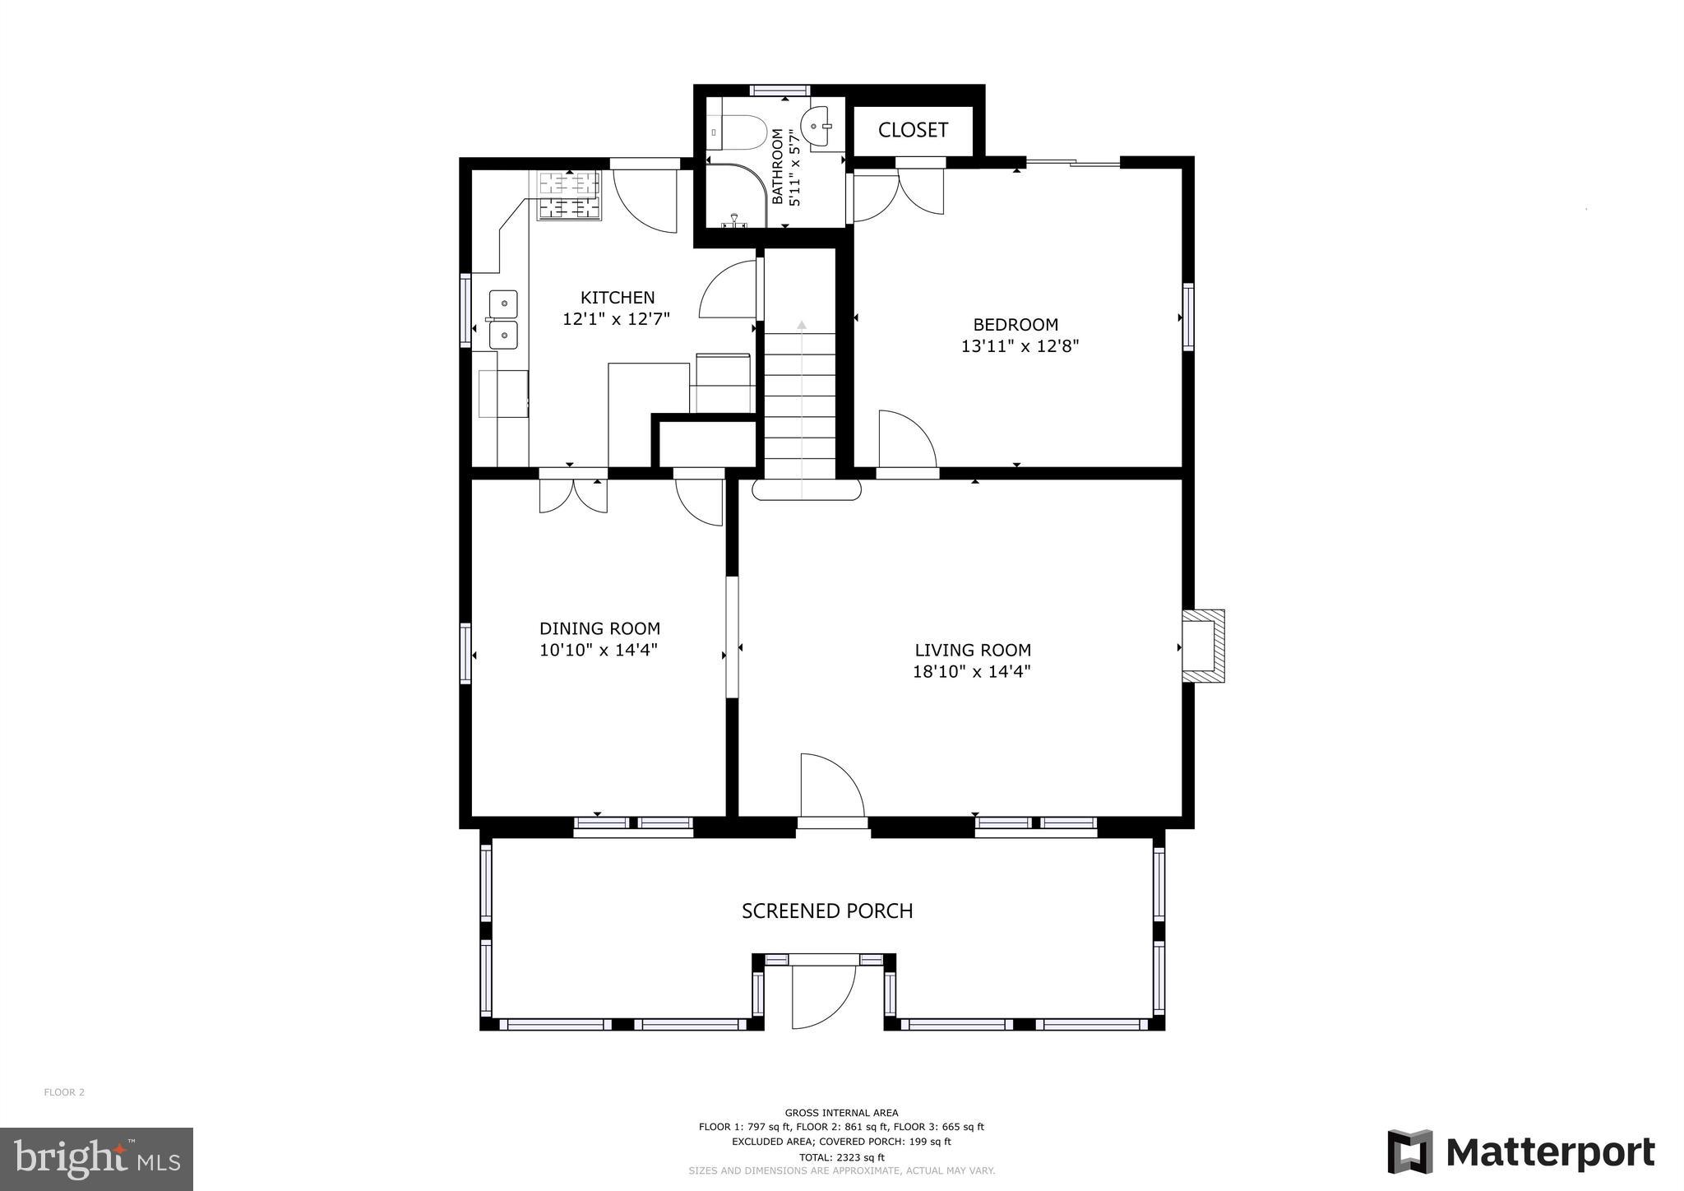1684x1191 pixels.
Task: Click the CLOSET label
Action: coord(913,130)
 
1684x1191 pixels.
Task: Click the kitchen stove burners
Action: coord(569,196)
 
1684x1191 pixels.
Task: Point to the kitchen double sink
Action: coord(503,319)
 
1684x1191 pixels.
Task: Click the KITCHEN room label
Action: coord(618,298)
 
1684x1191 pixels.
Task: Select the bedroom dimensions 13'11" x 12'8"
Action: coord(1020,346)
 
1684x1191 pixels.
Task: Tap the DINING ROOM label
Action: coord(599,628)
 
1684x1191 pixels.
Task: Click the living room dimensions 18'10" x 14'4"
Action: coord(972,671)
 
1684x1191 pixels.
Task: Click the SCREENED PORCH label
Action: coord(827,911)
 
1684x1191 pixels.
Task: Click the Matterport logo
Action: coord(1521,1152)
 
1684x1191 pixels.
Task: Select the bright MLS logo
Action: coord(96,1158)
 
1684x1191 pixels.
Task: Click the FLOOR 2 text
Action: coord(64,1092)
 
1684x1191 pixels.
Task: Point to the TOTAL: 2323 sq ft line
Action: coord(841,1156)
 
